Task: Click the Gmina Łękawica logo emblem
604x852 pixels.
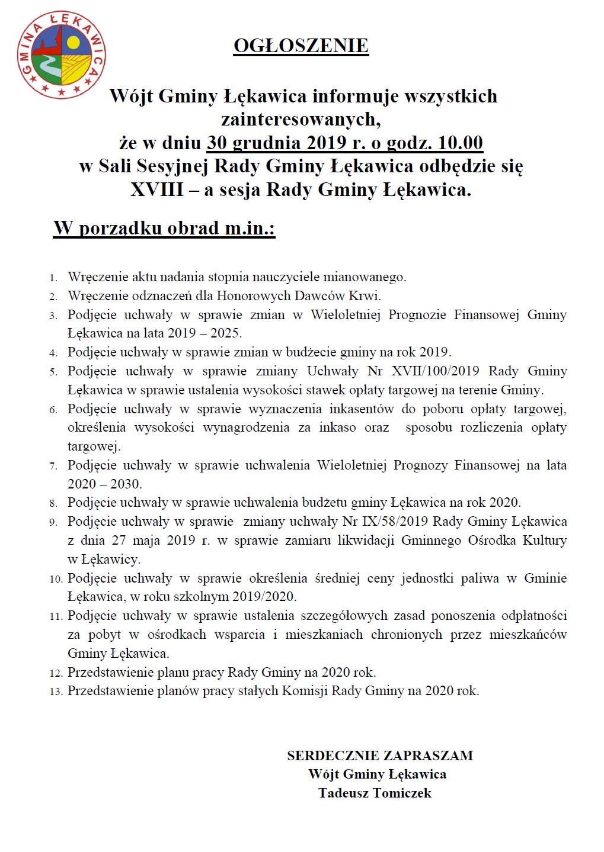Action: [x=61, y=56]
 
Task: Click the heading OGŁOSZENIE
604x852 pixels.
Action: [x=301, y=46]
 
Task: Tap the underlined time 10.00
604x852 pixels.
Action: [x=461, y=143]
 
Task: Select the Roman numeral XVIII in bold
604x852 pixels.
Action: [x=157, y=189]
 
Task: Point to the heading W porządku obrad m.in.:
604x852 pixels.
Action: [x=164, y=228]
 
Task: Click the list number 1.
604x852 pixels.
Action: [x=53, y=278]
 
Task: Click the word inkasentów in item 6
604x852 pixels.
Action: [x=362, y=409]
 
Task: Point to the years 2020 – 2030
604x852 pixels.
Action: [x=104, y=484]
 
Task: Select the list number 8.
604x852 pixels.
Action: [x=53, y=503]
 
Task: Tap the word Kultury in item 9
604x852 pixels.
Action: [x=544, y=540]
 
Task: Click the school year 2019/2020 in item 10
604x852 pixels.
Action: [x=264, y=596]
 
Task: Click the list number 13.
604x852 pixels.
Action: [x=56, y=691]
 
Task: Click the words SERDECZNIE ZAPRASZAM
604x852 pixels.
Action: [x=380, y=755]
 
